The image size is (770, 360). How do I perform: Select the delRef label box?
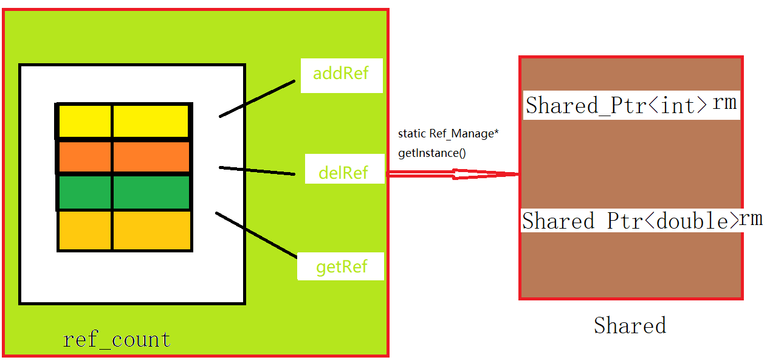coord(343,172)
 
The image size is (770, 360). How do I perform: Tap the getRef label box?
coord(341,266)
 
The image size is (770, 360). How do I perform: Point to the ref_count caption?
coord(117,339)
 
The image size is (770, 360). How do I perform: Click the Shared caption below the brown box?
coord(630,325)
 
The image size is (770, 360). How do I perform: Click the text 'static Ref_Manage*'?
coord(448,133)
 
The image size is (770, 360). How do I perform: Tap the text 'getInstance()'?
coord(432,153)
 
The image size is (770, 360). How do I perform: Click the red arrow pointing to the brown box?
coord(453,175)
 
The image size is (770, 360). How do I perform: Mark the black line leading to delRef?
coord(257,171)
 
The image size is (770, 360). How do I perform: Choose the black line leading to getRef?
coord(255,234)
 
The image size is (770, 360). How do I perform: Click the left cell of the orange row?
coord(85,157)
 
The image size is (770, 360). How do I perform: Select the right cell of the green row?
coord(151,192)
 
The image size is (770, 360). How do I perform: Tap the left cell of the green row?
coord(85,192)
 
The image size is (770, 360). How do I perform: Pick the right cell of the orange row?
coord(151,157)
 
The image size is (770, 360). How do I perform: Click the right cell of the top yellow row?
coord(151,121)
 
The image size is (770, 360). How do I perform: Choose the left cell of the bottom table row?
coord(85,230)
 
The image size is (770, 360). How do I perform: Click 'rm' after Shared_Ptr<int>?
coord(724,103)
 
